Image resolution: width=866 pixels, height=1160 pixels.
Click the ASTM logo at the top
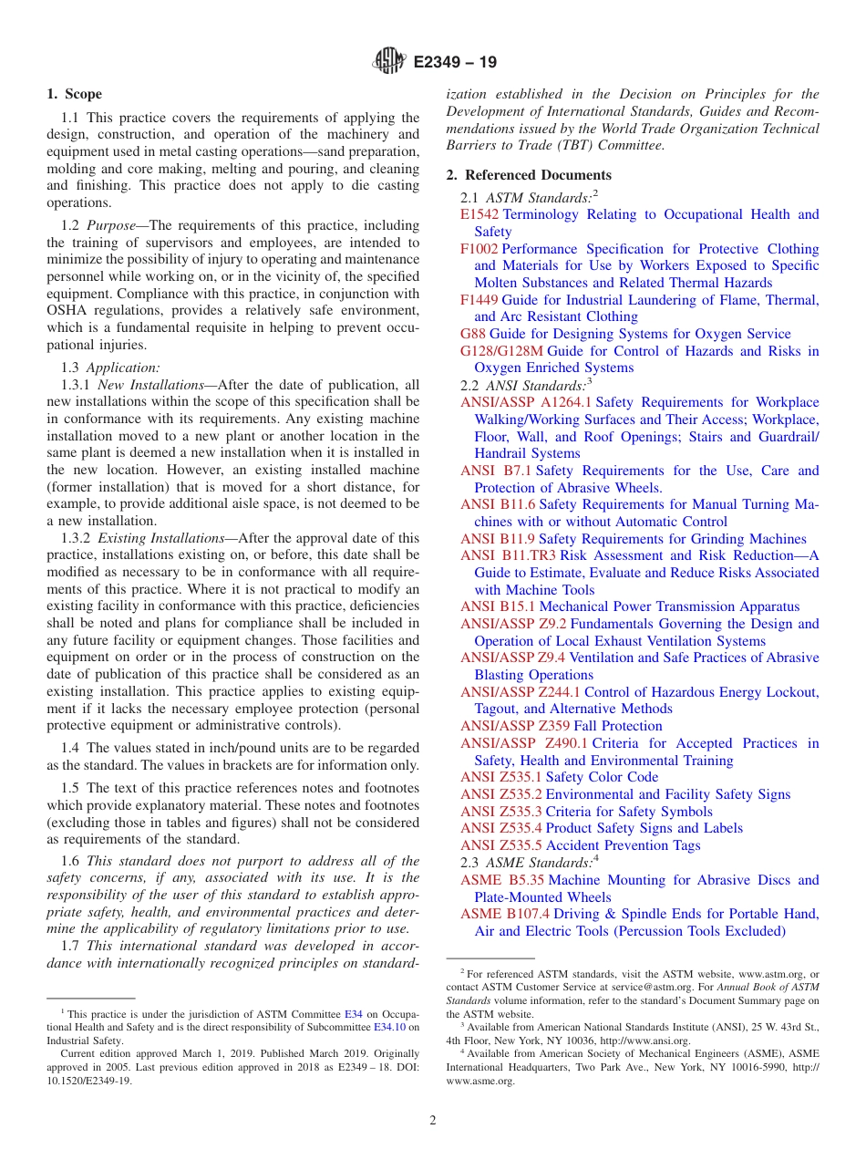tap(390, 62)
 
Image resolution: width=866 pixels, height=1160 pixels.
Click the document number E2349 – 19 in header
tap(455, 63)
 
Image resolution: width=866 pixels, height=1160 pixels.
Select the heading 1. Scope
tap(75, 94)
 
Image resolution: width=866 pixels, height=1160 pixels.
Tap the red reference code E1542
tap(479, 214)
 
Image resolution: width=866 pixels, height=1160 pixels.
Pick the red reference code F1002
tap(479, 249)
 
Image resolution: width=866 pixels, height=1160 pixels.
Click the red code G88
tap(473, 334)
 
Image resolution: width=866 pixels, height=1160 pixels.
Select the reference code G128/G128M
tap(501, 351)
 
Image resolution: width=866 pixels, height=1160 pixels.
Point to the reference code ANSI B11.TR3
tap(508, 555)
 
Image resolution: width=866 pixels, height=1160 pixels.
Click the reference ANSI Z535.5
tap(500, 845)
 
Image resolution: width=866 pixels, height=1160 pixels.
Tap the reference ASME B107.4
tap(505, 914)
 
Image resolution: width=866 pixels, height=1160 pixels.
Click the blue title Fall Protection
tap(618, 726)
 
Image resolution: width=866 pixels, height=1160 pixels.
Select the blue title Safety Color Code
tap(602, 777)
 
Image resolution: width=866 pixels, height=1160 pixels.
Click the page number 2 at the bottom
tap(433, 1121)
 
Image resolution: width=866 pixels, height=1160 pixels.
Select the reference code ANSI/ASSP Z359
tap(515, 726)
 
